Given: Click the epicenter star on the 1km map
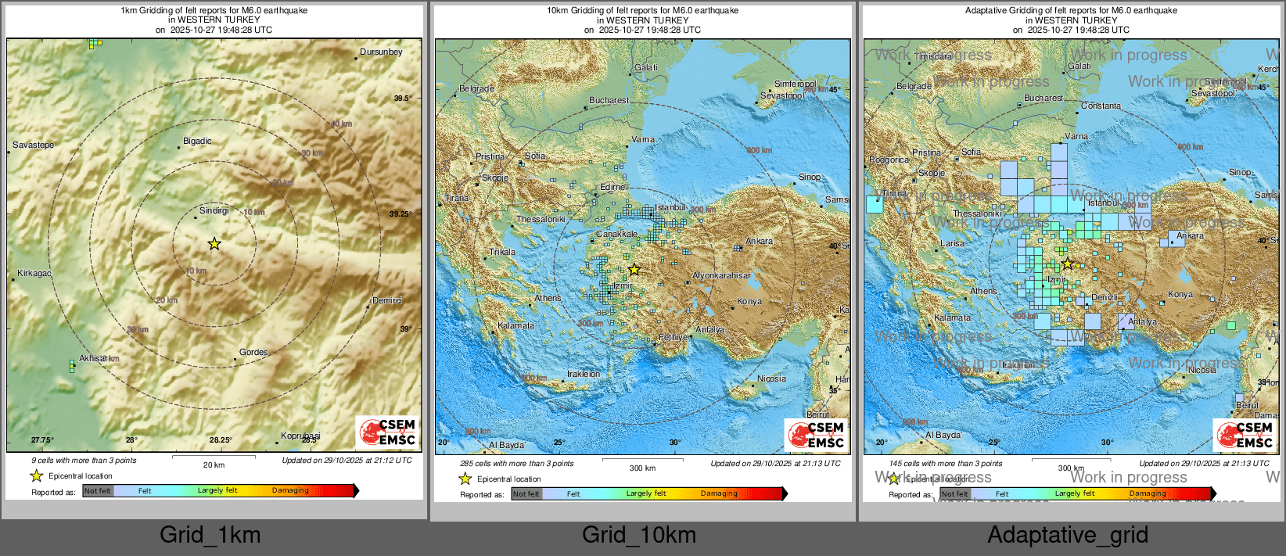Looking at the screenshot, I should coord(214,244).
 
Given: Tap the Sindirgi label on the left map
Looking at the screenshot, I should coord(214,211).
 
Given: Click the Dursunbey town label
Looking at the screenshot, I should coord(381,52).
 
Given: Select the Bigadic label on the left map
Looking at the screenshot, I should coord(197,142).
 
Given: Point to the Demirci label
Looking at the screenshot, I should coord(387,301).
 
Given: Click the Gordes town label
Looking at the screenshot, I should coord(253,353).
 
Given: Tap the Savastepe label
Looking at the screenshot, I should coord(34,145).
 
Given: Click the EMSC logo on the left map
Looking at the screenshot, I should coord(388,432).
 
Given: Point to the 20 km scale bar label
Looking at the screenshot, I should coord(214,465).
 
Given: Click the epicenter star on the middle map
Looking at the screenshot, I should coord(634,270).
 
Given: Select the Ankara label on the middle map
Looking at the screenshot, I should coord(759,242).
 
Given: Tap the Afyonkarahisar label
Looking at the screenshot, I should coord(721,276).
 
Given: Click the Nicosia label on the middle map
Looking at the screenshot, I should coord(771,379).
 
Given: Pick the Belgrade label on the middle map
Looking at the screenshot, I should coord(476,89).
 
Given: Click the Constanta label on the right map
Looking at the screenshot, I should coord(1101,106).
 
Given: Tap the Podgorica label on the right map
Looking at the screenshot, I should coord(889,160).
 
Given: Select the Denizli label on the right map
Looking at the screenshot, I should coord(1105,298).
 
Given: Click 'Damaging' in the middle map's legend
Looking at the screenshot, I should coord(718,493).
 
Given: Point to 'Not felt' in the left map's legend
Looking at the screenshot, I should coord(98,491).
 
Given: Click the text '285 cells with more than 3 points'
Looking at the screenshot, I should coord(516,464).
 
